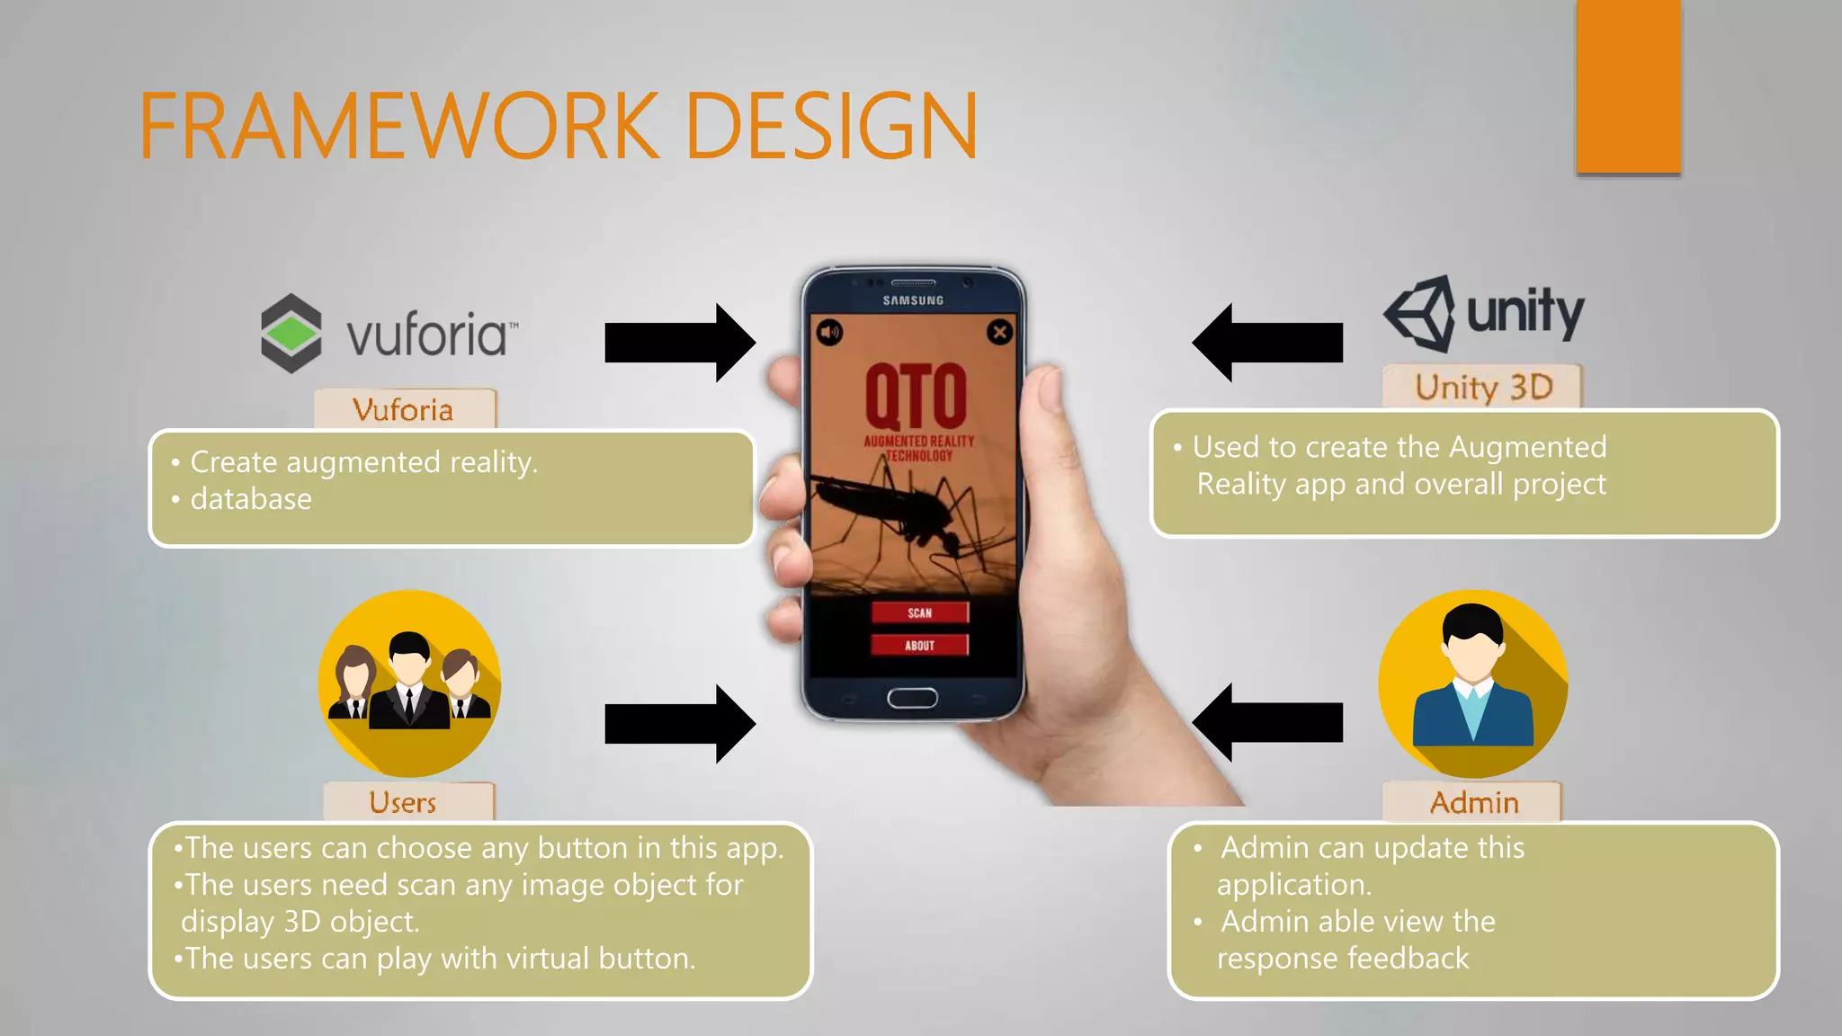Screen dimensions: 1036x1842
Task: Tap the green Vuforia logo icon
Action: (x=291, y=334)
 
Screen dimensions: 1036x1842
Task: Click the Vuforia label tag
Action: (x=404, y=410)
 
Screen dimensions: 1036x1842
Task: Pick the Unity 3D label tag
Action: (x=1482, y=387)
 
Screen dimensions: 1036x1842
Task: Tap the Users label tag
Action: (x=404, y=801)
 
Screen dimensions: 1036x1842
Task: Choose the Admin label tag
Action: (x=1473, y=801)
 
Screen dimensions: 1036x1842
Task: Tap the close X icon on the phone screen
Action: (x=999, y=332)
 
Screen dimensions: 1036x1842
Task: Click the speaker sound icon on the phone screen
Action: (x=829, y=333)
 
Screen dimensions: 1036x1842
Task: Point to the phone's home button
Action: (x=912, y=698)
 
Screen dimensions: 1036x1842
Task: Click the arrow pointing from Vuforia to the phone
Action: (x=679, y=343)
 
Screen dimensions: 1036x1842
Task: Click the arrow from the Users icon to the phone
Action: (x=679, y=724)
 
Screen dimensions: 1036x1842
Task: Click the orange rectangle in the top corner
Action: (x=1628, y=86)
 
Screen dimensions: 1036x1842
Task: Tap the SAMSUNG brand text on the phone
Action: (x=913, y=300)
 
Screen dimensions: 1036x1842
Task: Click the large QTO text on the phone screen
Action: (x=916, y=397)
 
